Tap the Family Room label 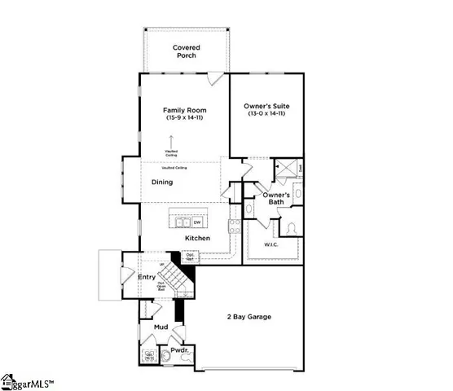point(185,110)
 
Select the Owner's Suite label point(266,107)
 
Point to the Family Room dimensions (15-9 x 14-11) point(185,119)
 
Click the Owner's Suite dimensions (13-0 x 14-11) point(266,115)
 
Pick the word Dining point(162,182)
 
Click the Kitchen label point(197,238)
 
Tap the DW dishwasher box point(196,221)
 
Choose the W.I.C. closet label point(271,244)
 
